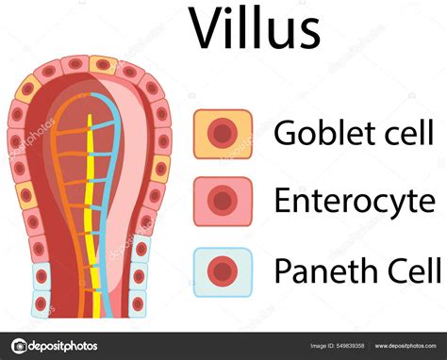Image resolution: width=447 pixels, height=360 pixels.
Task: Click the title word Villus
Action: pos(254,30)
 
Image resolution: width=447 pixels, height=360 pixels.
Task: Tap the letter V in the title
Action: pos(207,30)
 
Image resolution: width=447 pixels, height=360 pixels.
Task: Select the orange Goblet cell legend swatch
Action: pos(223,133)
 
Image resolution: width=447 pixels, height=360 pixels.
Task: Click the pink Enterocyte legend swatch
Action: pos(223,200)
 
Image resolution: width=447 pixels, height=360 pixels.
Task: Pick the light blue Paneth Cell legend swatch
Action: pos(223,271)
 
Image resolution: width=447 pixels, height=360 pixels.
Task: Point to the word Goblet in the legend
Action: pos(316,133)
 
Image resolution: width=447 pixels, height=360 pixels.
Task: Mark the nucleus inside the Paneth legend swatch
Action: pos(223,272)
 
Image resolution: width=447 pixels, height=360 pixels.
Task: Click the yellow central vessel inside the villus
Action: pos(91,217)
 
